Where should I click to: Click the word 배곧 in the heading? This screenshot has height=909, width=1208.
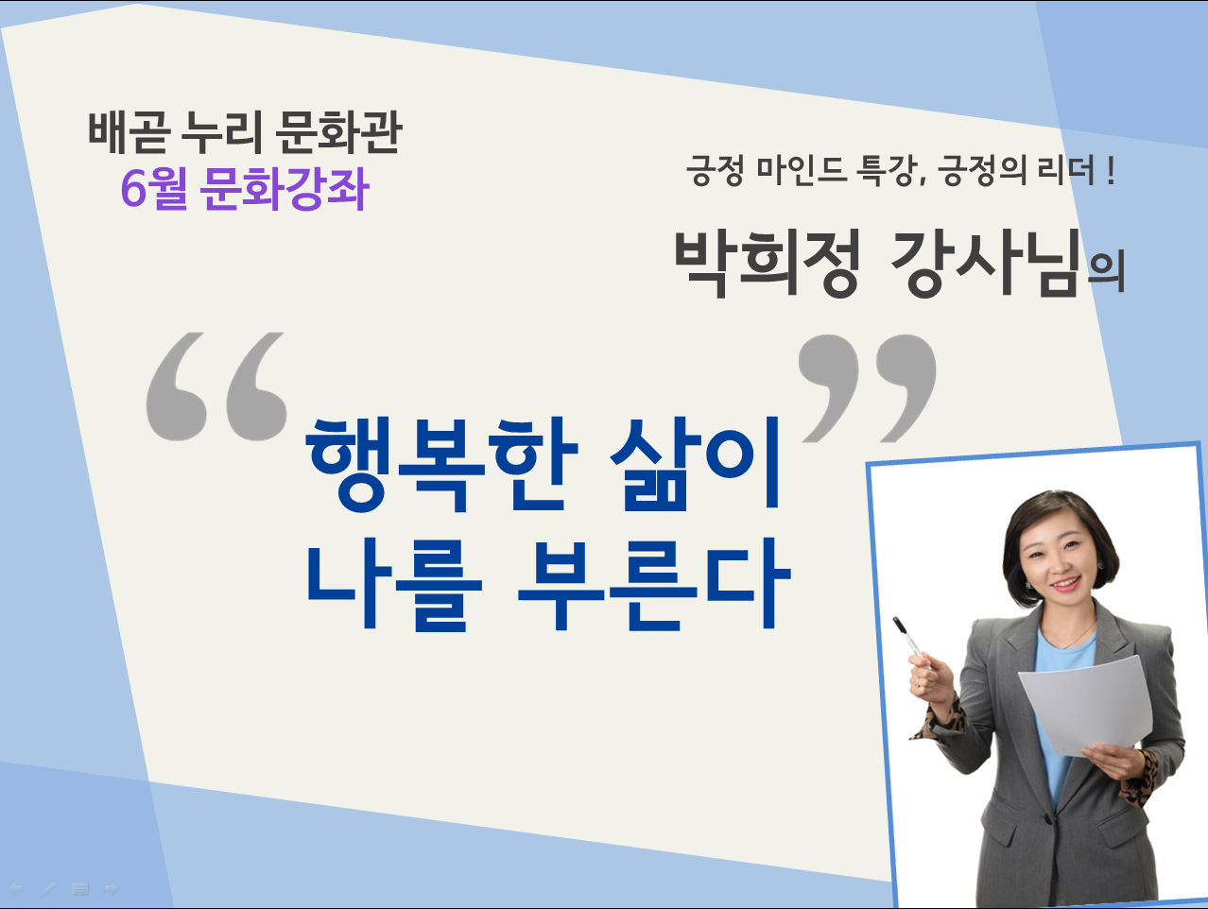127,132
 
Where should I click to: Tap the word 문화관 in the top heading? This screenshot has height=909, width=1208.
337,132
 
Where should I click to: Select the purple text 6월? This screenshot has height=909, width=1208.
153,188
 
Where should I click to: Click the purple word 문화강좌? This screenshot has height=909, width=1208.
284,188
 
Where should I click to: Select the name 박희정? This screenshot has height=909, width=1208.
768,264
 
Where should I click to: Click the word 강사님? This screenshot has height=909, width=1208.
985,264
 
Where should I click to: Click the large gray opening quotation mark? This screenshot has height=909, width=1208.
216,386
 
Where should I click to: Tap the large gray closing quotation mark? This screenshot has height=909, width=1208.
868,387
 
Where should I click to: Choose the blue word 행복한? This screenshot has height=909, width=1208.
441,465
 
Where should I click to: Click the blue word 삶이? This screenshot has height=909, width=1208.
695,464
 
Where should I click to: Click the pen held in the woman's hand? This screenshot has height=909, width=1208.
908,640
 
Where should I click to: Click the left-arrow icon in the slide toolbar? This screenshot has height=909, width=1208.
16,889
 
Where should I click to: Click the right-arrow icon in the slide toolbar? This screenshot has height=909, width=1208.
112,889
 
